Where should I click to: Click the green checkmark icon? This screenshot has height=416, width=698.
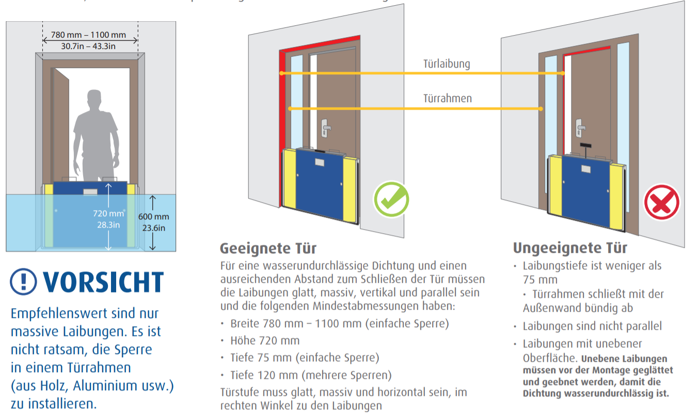tap(391, 198)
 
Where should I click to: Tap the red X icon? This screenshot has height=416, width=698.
tap(661, 202)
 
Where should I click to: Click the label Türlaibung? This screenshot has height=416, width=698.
tap(447, 64)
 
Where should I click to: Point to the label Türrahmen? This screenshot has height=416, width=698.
tap(448, 98)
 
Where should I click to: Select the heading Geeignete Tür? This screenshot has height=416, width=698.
tap(268, 248)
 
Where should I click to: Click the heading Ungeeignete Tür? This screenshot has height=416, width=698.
tap(570, 248)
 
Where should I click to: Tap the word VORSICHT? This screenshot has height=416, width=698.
tap(103, 282)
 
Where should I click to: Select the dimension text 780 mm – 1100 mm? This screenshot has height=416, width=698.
tap(88, 35)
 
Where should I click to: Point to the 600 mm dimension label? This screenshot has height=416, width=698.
tap(153, 217)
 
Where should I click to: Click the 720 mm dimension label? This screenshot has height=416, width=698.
tap(108, 213)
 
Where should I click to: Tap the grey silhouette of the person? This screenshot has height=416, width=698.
tap(97, 134)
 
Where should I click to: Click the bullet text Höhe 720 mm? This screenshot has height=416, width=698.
tap(265, 341)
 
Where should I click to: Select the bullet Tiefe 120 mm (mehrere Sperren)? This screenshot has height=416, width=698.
tap(311, 375)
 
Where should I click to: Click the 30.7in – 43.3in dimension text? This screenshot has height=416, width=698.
tap(88, 46)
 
